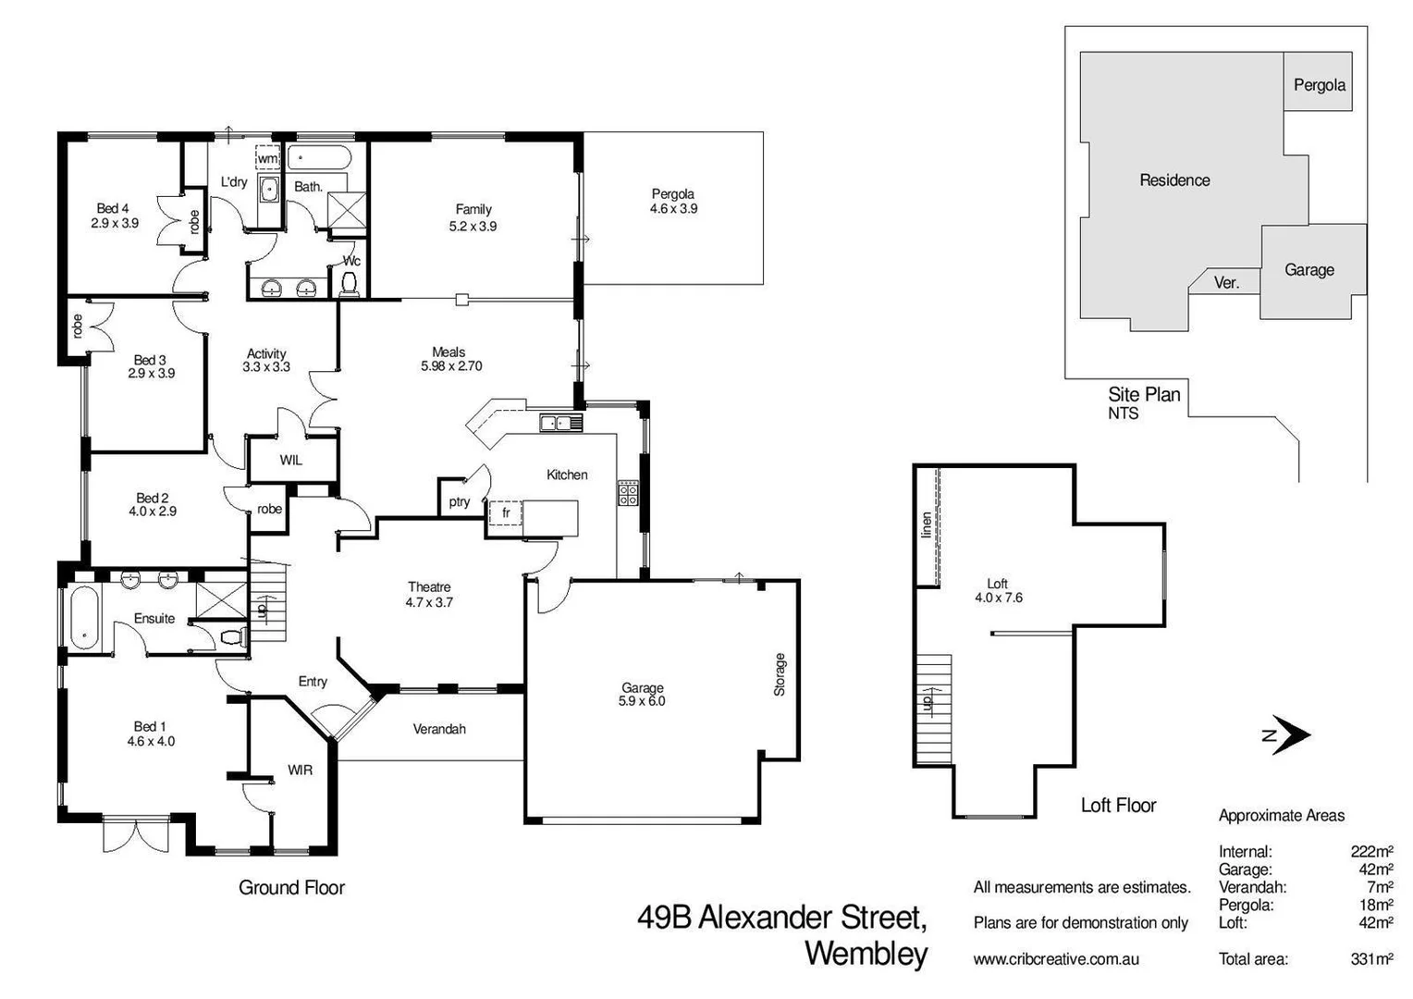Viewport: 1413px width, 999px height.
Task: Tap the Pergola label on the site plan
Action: click(x=1319, y=85)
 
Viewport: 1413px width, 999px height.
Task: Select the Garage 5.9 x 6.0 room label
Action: click(x=642, y=695)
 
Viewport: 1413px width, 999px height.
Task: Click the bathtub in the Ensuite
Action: click(x=83, y=617)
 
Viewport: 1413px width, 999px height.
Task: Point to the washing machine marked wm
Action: click(x=267, y=158)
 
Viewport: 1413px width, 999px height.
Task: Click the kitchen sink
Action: click(x=561, y=424)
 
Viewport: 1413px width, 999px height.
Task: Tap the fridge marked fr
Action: click(x=506, y=512)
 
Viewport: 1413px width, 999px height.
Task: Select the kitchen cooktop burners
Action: click(x=628, y=493)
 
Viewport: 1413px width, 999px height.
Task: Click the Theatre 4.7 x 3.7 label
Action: click(x=429, y=594)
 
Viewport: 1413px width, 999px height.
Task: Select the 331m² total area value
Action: click(x=1371, y=959)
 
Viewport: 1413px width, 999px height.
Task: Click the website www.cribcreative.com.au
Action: click(x=1056, y=959)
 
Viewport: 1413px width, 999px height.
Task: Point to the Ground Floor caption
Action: click(x=291, y=888)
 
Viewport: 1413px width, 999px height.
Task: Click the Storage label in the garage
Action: click(x=780, y=674)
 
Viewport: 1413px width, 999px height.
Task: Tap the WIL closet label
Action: click(x=290, y=460)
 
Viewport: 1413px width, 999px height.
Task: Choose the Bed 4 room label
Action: click(x=115, y=216)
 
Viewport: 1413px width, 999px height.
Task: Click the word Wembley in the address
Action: click(x=866, y=954)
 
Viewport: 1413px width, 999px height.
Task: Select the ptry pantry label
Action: click(x=460, y=502)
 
